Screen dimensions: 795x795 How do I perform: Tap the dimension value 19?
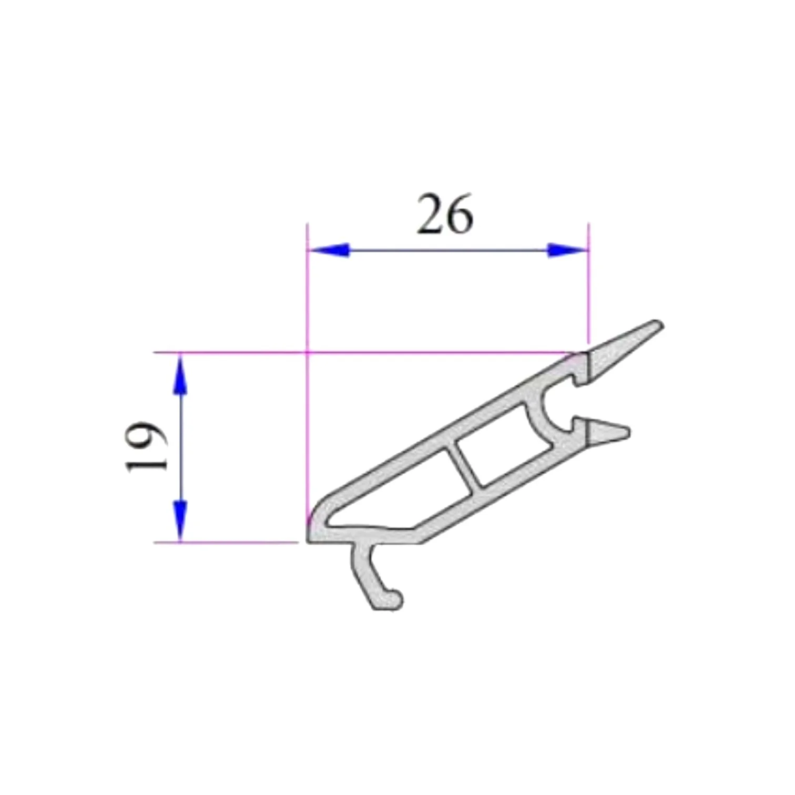click(146, 446)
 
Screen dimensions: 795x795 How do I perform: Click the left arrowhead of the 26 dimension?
click(329, 250)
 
